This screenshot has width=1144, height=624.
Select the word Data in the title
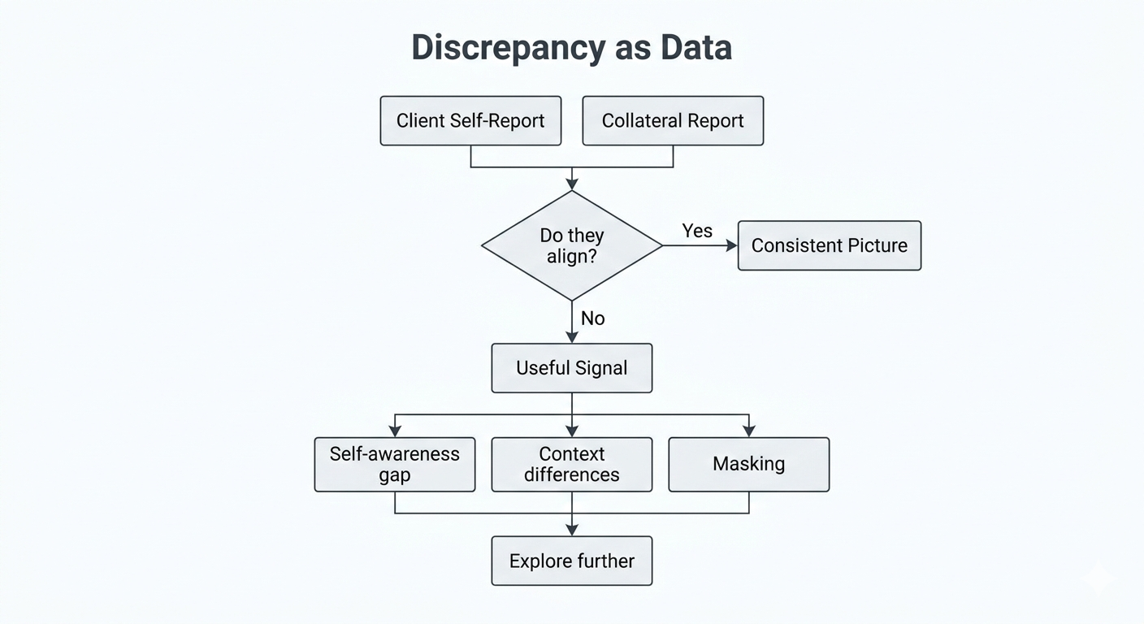tap(695, 48)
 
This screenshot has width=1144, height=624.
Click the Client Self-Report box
tap(470, 121)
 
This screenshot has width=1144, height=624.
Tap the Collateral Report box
tap(673, 121)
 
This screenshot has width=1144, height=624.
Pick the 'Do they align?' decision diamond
tap(572, 245)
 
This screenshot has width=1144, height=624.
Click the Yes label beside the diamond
tap(697, 231)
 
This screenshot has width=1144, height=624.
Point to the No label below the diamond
tap(593, 318)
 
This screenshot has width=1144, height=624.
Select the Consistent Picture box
tap(829, 245)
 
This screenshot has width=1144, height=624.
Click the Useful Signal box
tap(572, 368)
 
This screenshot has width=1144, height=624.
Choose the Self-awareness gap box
tap(395, 465)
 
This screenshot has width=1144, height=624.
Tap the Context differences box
tap(572, 465)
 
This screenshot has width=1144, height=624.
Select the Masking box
tap(748, 465)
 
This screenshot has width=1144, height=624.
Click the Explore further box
tap(572, 561)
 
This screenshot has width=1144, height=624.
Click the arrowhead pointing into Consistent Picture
tap(731, 245)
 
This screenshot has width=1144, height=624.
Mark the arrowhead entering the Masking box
tap(748, 431)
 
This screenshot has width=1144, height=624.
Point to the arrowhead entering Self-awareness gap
tap(395, 431)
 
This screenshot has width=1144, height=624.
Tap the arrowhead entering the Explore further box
tap(572, 530)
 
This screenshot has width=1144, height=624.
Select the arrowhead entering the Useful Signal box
tap(572, 337)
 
